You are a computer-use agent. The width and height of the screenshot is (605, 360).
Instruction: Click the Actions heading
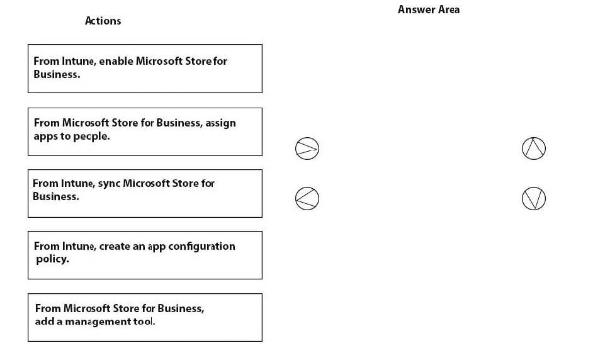(103, 21)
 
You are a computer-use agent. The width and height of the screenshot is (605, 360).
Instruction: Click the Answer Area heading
(429, 9)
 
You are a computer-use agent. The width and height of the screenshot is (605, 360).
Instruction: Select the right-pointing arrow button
(307, 149)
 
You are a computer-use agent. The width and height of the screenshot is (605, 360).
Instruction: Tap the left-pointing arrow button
(307, 199)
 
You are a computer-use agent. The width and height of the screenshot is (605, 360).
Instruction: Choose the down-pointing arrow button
(534, 199)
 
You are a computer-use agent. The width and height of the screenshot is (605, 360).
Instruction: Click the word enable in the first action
(116, 61)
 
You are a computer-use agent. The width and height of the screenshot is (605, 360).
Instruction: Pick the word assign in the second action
(220, 123)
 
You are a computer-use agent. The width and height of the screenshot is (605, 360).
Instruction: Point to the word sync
(109, 184)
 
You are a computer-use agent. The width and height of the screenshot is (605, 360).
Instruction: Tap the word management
(98, 322)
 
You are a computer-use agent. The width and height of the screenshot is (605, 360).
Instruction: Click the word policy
(52, 259)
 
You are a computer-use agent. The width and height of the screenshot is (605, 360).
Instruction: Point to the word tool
(144, 322)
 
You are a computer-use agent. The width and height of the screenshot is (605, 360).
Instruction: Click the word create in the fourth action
(113, 246)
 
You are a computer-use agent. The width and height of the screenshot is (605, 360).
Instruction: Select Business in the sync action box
(55, 196)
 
